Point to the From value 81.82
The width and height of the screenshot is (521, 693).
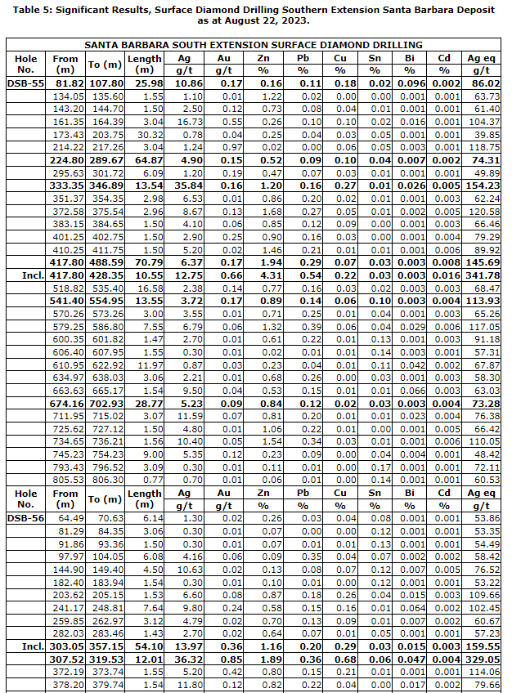[65, 83]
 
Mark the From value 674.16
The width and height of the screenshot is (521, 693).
[65, 404]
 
